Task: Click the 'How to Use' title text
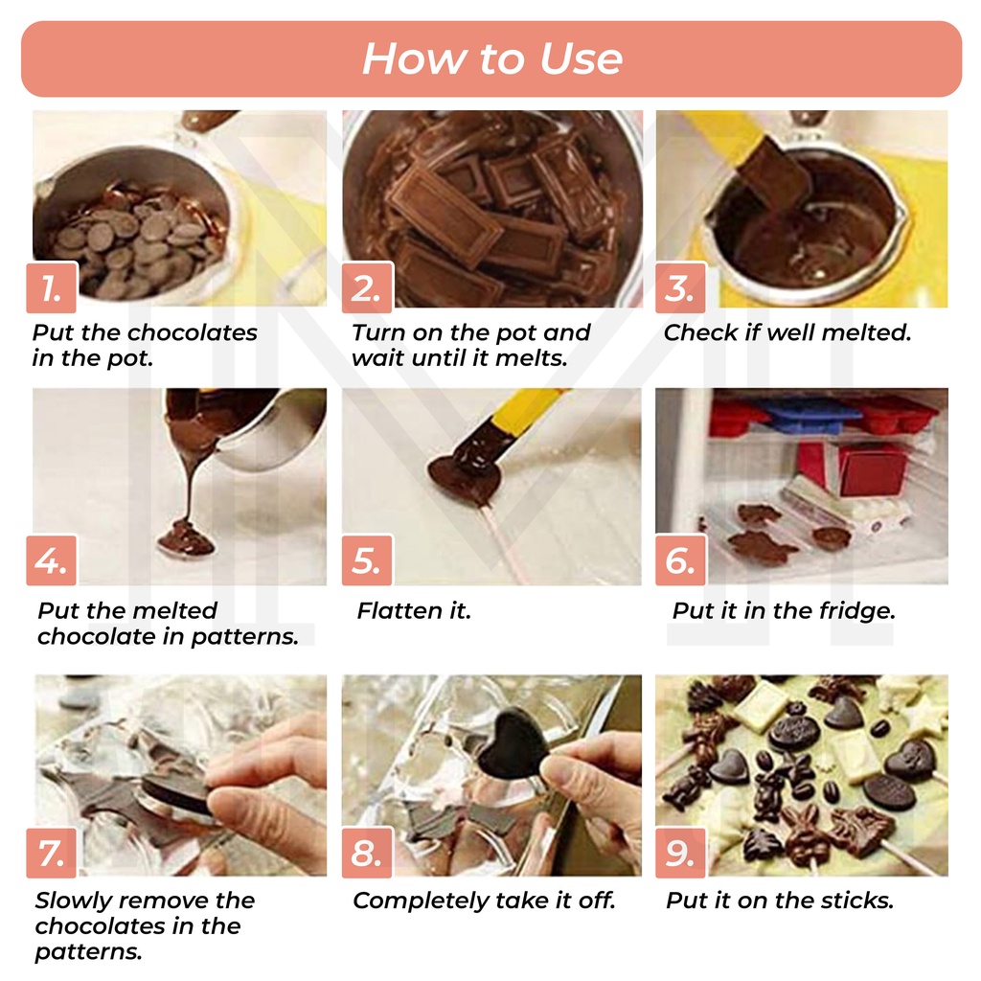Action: pos(491,58)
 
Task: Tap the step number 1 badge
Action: pos(52,287)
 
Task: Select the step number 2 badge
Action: pos(367,287)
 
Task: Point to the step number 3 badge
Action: pos(681,287)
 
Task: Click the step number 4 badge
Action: pos(52,559)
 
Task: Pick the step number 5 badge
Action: pos(367,559)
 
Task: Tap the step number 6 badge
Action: pos(681,559)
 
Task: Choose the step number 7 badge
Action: pos(52,853)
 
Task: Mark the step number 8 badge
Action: pos(367,853)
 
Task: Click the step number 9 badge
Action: pos(681,853)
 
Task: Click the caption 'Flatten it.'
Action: pos(414,610)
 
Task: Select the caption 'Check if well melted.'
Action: pos(787,332)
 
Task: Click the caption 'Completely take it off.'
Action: pos(484,901)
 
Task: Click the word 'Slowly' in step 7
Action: pos(71,901)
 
